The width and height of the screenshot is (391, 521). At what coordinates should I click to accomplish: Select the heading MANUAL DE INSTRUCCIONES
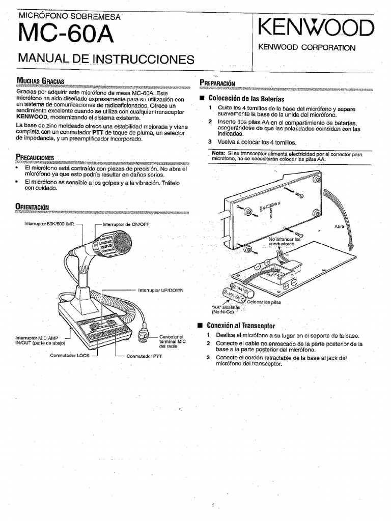tap(106, 59)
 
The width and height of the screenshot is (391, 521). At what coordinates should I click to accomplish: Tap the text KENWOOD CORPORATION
tap(307, 48)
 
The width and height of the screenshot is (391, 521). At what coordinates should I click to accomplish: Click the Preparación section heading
tap(217, 83)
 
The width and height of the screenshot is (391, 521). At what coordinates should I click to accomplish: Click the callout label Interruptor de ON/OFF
tap(126, 224)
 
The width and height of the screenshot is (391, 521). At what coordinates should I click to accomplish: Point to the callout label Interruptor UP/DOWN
tap(161, 290)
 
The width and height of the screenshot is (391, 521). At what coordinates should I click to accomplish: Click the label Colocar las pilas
tap(264, 302)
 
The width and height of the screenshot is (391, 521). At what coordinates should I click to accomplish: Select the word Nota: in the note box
tap(218, 153)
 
